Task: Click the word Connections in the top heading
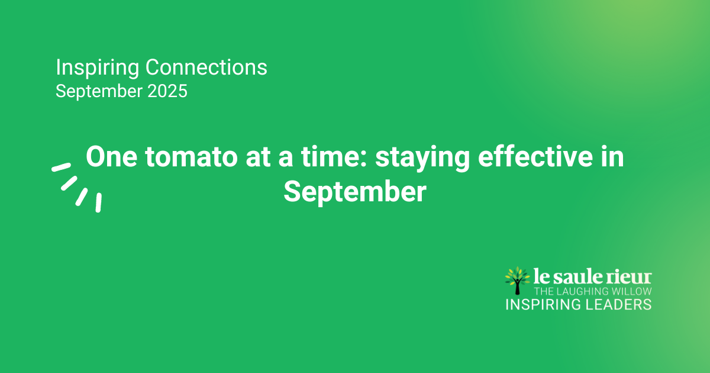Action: pyautogui.click(x=206, y=67)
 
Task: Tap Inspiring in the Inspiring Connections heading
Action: pyautogui.click(x=97, y=68)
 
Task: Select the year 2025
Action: pyautogui.click(x=167, y=91)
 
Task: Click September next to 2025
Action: pyautogui.click(x=99, y=92)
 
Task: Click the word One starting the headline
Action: pyautogui.click(x=111, y=156)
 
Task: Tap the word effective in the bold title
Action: pyautogui.click(x=535, y=156)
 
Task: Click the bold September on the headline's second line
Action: pyautogui.click(x=355, y=192)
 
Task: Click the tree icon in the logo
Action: pyautogui.click(x=517, y=281)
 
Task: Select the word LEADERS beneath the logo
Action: pyautogui.click(x=618, y=304)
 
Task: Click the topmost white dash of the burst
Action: pyautogui.click(x=61, y=167)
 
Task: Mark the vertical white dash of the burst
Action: pyautogui.click(x=99, y=202)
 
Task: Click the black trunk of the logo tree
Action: pyautogui.click(x=517, y=287)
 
